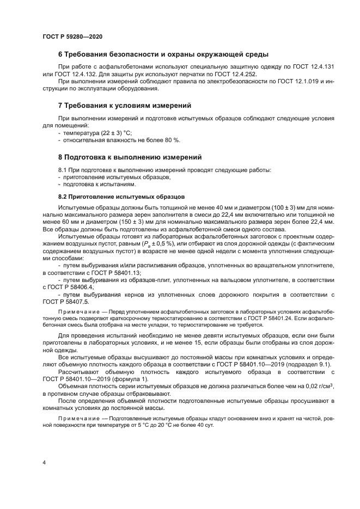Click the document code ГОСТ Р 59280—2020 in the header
(x=72, y=36)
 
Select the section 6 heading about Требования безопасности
(x=163, y=54)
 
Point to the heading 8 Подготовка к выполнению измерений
(x=130, y=157)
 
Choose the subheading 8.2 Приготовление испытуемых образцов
(x=121, y=197)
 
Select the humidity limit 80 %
(x=173, y=140)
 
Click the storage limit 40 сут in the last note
(x=204, y=425)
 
